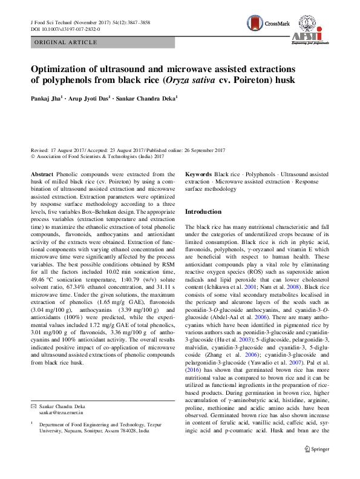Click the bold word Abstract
[41, 174]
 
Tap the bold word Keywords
[198, 174]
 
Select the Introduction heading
[205, 212]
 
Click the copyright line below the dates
[97, 156]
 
